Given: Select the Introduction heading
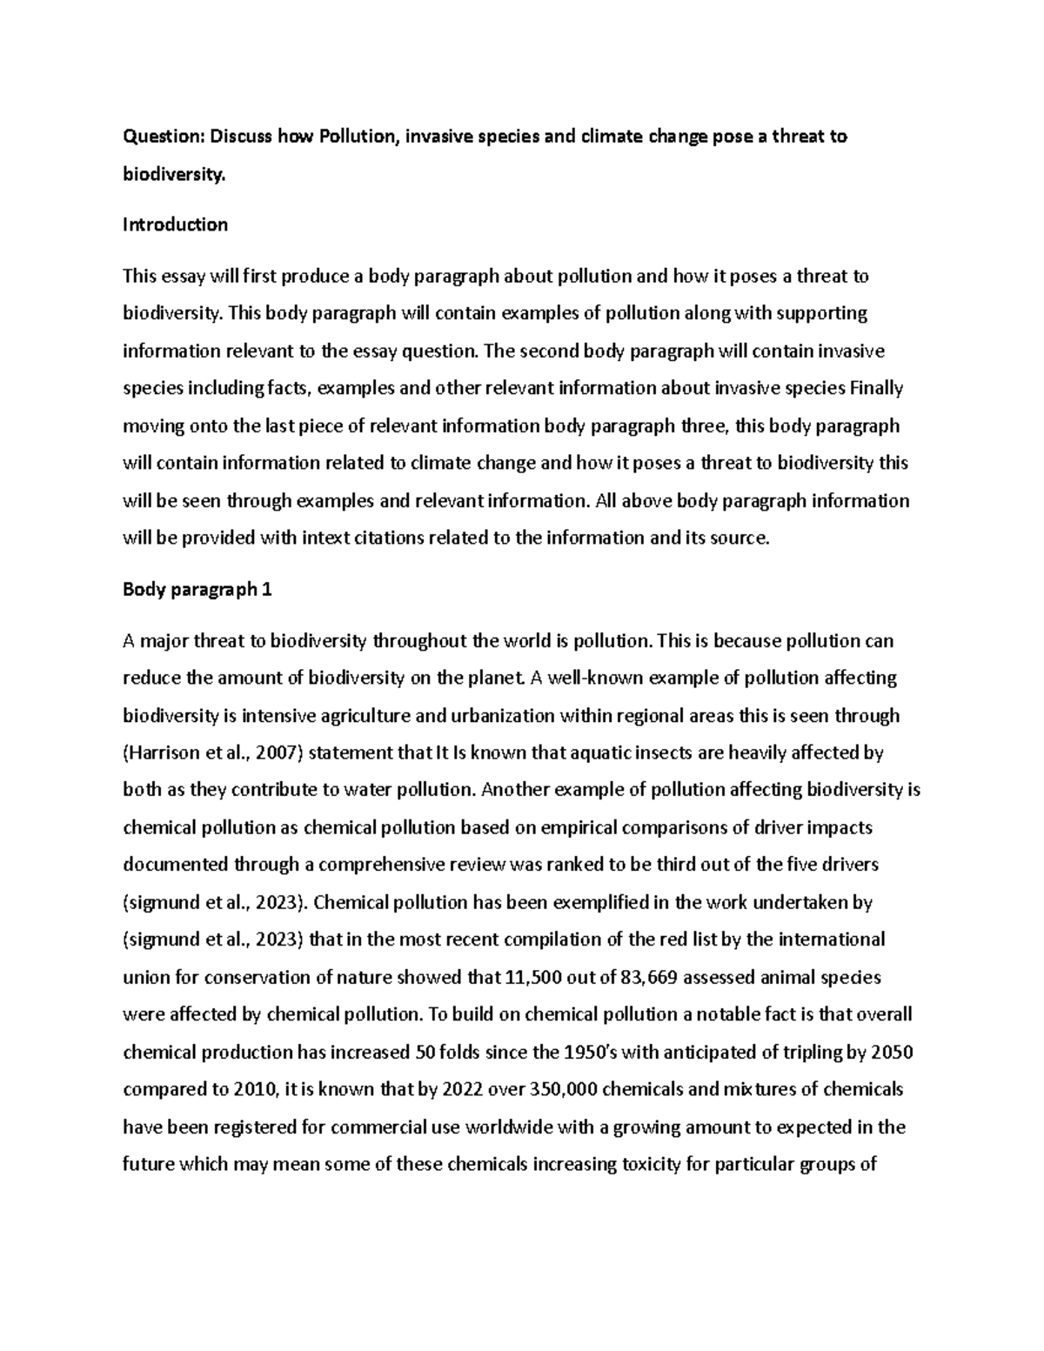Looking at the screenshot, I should pyautogui.click(x=175, y=224).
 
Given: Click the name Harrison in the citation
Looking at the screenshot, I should pyautogui.click(x=161, y=752).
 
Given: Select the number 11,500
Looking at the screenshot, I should pyautogui.click(x=532, y=977).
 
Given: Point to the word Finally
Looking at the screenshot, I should pyautogui.click(x=876, y=388).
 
